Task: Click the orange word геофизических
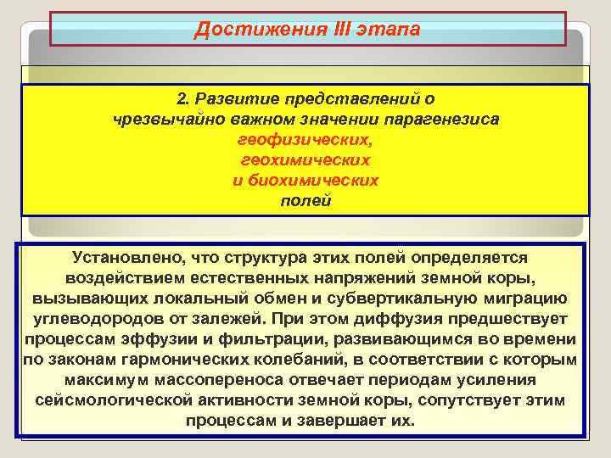[x=305, y=139]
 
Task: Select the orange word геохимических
[x=305, y=159]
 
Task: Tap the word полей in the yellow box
[x=305, y=200]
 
